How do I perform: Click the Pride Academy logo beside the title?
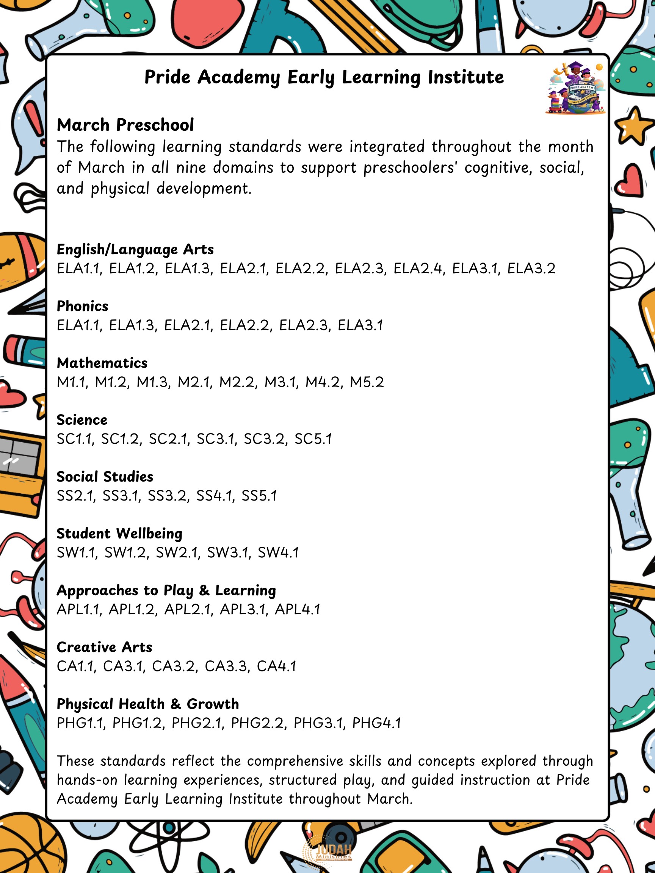coord(576,88)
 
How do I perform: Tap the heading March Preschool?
coord(125,125)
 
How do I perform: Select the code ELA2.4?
coord(418,268)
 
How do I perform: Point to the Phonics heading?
coord(83,306)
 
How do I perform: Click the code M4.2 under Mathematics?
coord(324,382)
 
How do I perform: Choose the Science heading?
coord(82,420)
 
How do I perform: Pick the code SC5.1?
coord(313,439)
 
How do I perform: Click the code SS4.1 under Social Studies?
coord(215,496)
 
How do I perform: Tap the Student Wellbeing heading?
coord(120,533)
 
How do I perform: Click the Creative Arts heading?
coord(105,647)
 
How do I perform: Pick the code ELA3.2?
coord(531,268)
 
